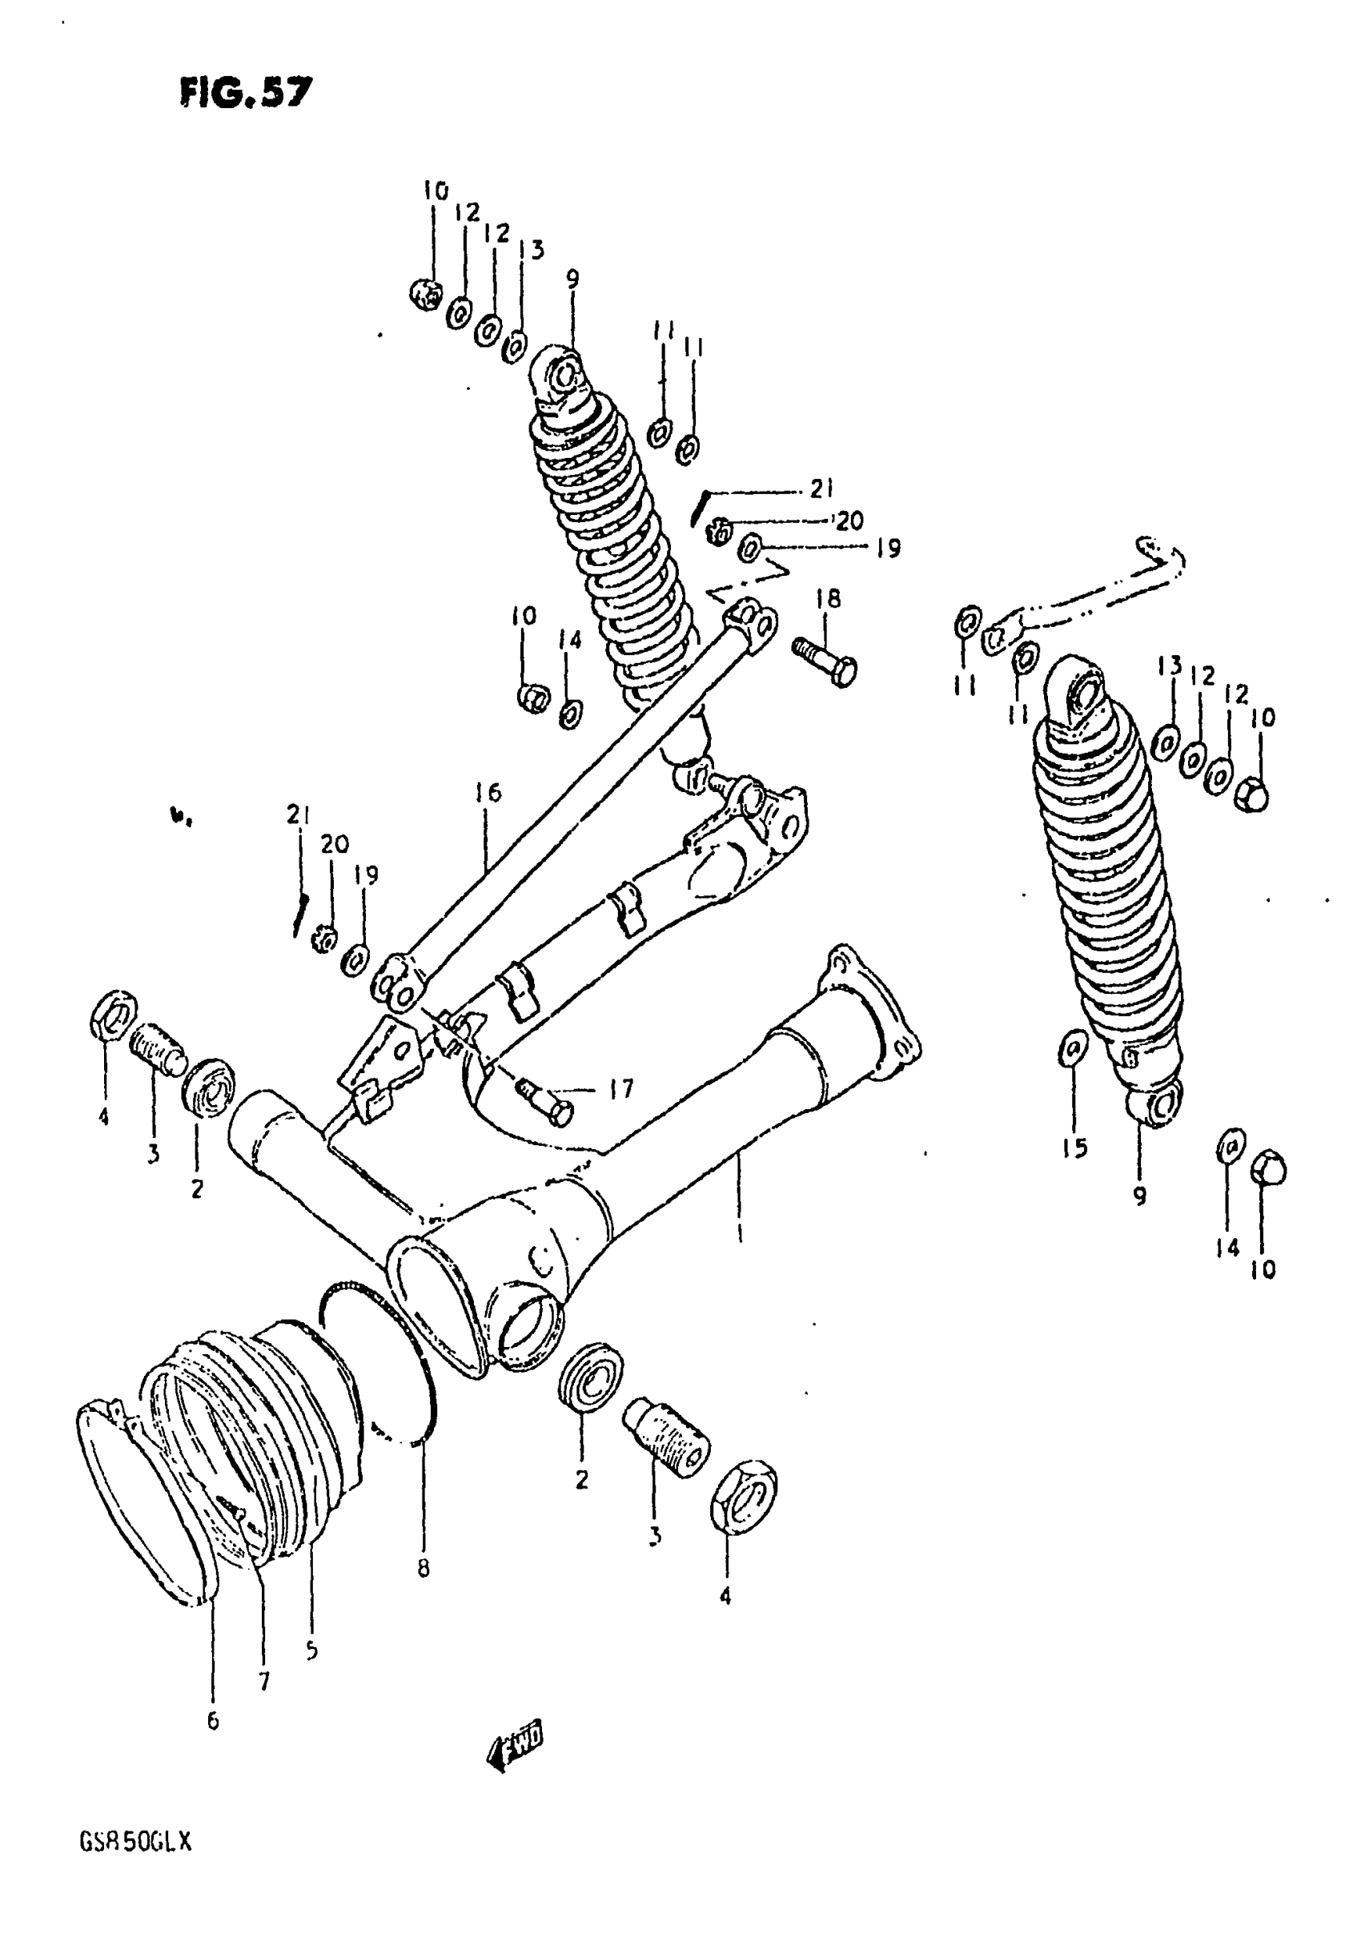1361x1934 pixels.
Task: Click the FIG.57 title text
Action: (x=245, y=92)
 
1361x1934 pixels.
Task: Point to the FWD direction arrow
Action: (x=515, y=1751)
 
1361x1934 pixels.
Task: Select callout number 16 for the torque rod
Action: (x=487, y=793)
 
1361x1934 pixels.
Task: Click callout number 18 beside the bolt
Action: (x=828, y=600)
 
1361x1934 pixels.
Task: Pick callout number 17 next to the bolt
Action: (x=620, y=1090)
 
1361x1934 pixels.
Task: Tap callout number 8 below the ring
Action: (x=423, y=1567)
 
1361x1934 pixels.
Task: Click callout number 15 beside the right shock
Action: (x=1074, y=1148)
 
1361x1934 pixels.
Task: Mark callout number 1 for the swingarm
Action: (x=739, y=1232)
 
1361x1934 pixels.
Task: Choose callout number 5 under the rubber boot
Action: (x=311, y=1651)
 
